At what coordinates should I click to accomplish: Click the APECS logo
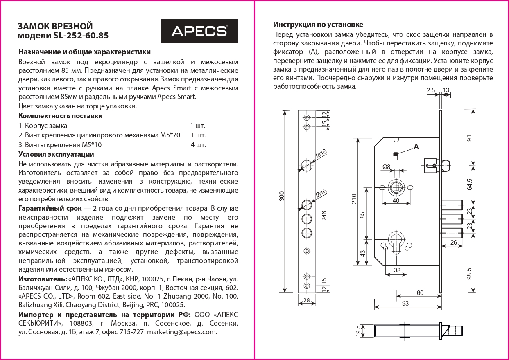click(x=199, y=31)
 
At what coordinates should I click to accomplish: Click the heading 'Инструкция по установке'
click(x=318, y=25)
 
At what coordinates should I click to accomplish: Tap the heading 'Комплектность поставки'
click(x=61, y=116)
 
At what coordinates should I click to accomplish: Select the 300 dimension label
click(x=281, y=196)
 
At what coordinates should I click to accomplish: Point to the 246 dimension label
click(x=324, y=215)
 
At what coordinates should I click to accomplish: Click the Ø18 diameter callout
click(x=321, y=155)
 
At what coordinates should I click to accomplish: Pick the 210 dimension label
click(x=354, y=198)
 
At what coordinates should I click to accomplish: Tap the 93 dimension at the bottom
click(x=405, y=303)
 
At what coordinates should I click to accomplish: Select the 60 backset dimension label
click(x=420, y=293)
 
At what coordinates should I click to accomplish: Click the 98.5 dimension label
click(x=469, y=273)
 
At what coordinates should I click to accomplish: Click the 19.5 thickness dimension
click(x=358, y=330)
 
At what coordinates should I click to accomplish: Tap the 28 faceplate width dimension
click(x=307, y=301)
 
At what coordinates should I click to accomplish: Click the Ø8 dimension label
click(x=386, y=166)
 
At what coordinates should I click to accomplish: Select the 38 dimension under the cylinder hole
click(x=397, y=270)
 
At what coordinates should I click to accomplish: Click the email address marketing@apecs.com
click(x=181, y=332)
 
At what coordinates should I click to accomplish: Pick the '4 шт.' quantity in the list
click(x=198, y=145)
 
